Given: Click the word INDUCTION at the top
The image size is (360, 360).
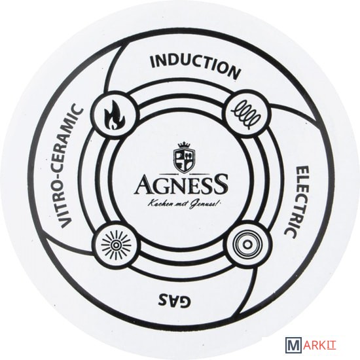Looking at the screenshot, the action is [x=195, y=65].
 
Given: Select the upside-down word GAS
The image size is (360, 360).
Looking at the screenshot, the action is [x=174, y=299].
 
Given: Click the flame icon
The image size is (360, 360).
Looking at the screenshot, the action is [x=115, y=114].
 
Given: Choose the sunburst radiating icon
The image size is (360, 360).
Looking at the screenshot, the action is [x=116, y=245].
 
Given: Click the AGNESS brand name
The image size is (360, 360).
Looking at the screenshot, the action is [x=181, y=184].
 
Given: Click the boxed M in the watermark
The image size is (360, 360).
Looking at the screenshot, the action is [x=293, y=350].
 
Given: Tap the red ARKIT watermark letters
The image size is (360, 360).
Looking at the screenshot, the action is [x=319, y=350].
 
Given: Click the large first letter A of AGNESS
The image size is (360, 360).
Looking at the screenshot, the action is [x=144, y=185].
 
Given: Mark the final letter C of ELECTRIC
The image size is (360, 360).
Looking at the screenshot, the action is [x=290, y=233].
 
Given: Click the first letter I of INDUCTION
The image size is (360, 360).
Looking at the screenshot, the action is [x=153, y=62].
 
